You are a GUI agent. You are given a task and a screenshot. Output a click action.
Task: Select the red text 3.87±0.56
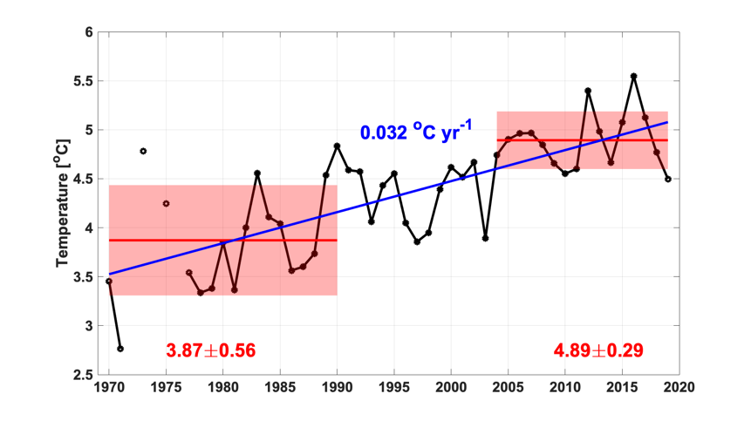pyautogui.click(x=210, y=350)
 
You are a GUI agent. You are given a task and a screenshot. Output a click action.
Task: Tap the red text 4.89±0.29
pyautogui.click(x=598, y=350)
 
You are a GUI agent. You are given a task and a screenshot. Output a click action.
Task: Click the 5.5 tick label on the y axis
pyautogui.click(x=83, y=81)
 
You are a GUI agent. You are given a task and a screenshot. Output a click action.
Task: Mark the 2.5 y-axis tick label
pyautogui.click(x=83, y=375)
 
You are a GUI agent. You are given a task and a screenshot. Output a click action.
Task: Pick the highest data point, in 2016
pyautogui.click(x=633, y=76)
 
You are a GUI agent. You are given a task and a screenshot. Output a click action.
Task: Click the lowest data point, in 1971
pyautogui.click(x=120, y=349)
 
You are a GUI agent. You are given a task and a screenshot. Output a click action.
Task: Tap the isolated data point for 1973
pyautogui.click(x=143, y=151)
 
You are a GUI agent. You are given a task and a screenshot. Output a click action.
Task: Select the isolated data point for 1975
pyautogui.click(x=166, y=203)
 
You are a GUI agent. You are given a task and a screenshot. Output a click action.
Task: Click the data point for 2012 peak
pyautogui.click(x=588, y=91)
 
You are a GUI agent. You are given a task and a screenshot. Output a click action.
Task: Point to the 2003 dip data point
pyautogui.click(x=485, y=238)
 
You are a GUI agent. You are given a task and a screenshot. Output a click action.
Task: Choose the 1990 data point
pyautogui.click(x=337, y=146)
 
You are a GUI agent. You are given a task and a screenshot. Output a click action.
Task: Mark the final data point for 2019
pyautogui.click(x=668, y=179)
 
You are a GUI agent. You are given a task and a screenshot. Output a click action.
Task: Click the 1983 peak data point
pyautogui.click(x=257, y=173)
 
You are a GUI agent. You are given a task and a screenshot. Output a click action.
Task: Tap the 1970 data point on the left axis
pyautogui.click(x=109, y=281)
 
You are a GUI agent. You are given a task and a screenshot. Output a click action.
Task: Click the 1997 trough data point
pyautogui.click(x=417, y=241)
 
